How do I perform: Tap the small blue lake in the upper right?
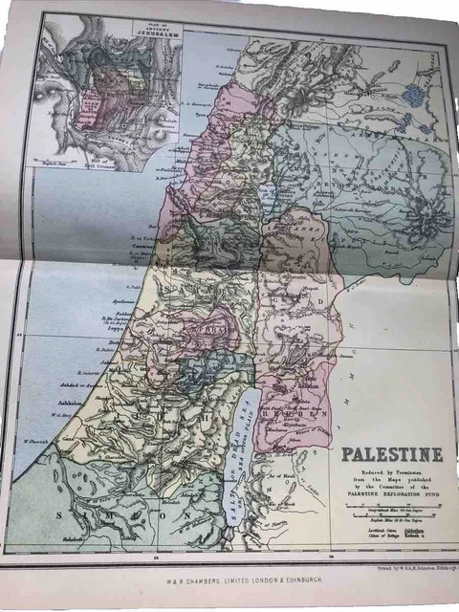413,95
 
